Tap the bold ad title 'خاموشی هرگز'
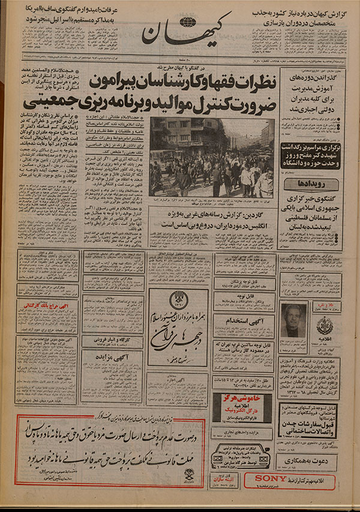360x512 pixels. (x=233, y=400)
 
